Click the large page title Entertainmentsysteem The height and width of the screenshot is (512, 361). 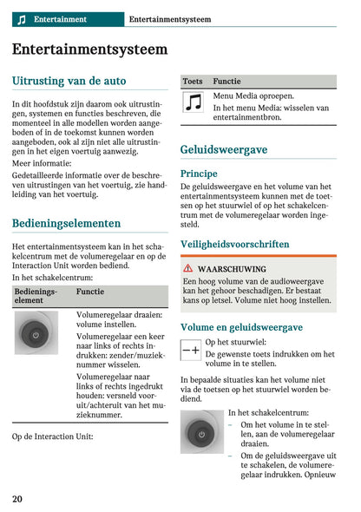point(89,49)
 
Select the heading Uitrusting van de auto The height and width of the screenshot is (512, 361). point(69,81)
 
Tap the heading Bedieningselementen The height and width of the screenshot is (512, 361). point(66,223)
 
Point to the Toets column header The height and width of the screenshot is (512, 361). point(193,81)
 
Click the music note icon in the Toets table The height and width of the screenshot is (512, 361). point(194,103)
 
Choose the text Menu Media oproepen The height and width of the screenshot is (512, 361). point(253,95)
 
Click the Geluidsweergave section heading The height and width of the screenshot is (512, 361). point(223,149)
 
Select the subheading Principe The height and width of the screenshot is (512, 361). point(199,174)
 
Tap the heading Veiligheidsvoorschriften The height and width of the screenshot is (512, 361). point(234,245)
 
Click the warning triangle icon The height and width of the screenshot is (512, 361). point(187,269)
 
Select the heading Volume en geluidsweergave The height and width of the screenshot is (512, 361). point(241,327)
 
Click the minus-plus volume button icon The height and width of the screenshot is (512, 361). point(191,350)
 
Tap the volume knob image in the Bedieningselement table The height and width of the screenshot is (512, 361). point(36,333)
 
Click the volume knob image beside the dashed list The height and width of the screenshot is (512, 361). point(202,431)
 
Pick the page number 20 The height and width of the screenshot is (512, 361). point(18,498)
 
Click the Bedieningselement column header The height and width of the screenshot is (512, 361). point(35,297)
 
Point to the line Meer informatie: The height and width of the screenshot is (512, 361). point(42,162)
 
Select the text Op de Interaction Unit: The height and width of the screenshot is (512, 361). point(53,436)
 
